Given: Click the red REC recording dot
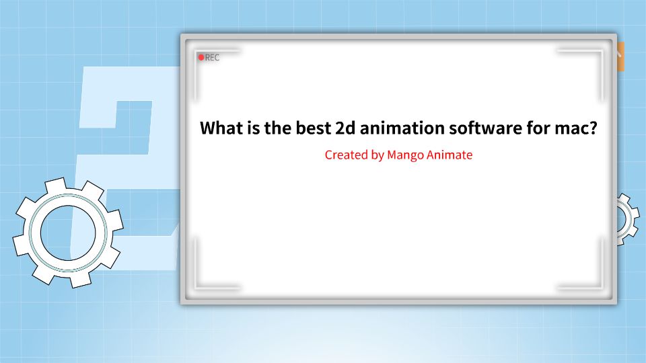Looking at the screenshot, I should click(x=201, y=58).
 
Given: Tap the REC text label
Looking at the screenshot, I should click(x=212, y=58).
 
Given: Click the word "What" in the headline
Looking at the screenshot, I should click(x=220, y=128).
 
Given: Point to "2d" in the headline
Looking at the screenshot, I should click(x=346, y=128).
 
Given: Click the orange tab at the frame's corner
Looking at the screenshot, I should click(x=620, y=56).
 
